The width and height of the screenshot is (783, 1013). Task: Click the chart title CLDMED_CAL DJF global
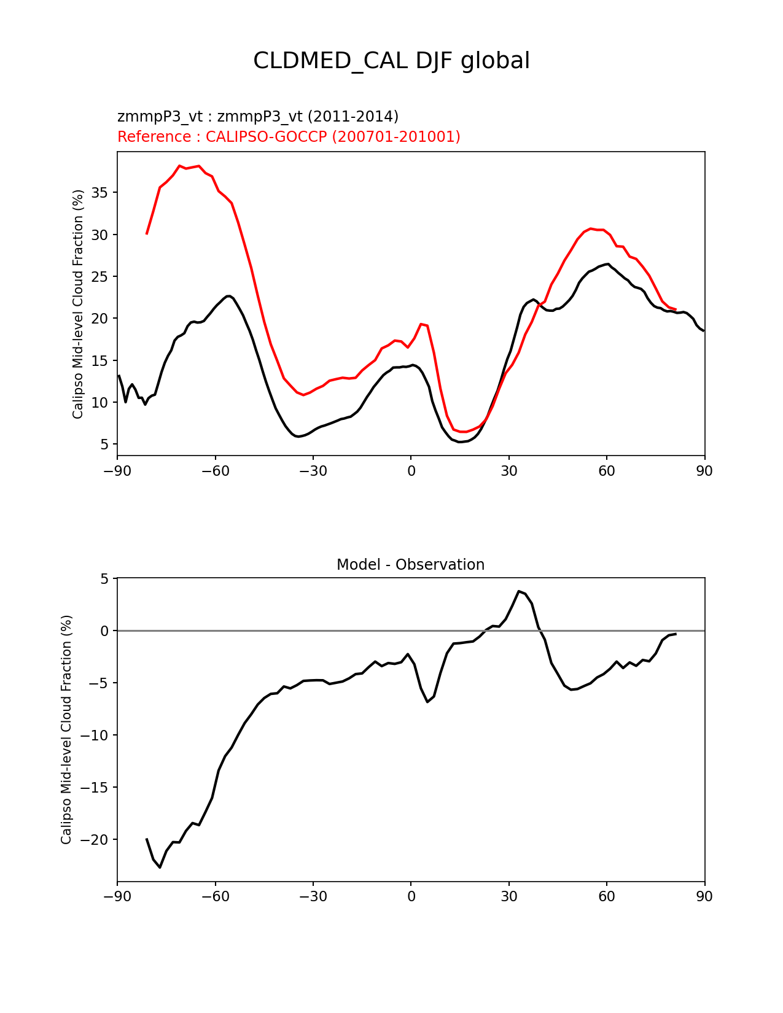point(391,61)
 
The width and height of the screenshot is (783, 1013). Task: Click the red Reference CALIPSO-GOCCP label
point(289,136)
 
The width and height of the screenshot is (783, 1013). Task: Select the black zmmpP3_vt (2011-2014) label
point(258,116)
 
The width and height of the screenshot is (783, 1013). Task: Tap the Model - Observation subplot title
point(410,565)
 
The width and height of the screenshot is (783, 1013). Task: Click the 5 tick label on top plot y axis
point(105,444)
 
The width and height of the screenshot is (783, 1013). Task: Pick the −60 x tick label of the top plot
point(215,471)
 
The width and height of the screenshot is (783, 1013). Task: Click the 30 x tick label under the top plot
point(508,471)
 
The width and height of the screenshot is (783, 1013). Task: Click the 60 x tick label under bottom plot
point(606,896)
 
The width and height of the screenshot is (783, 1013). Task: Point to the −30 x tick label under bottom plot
point(313,896)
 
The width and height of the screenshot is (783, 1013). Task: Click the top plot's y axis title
point(78,304)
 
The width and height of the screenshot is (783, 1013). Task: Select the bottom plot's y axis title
point(66,729)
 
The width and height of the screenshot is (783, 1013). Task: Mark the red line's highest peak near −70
point(179,166)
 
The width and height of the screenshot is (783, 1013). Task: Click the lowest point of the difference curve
point(160,867)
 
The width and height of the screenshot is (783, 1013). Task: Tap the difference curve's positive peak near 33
point(519,591)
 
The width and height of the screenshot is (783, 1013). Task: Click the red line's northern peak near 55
point(590,228)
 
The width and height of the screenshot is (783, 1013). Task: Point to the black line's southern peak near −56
point(228,296)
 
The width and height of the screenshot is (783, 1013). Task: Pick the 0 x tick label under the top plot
point(411,471)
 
